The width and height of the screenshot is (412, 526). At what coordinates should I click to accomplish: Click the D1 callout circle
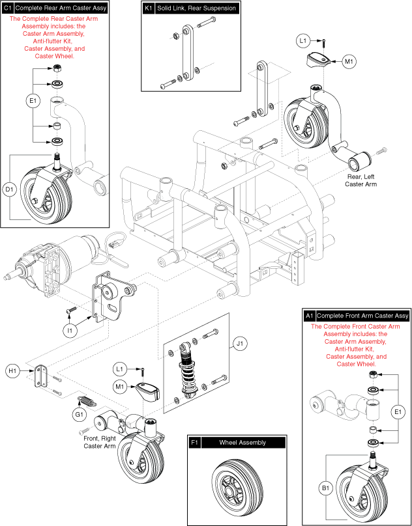pyautogui.click(x=10, y=189)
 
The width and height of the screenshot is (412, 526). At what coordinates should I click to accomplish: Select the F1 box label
pyautogui.click(x=194, y=443)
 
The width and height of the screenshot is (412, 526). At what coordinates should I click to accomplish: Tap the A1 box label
pyautogui.click(x=310, y=316)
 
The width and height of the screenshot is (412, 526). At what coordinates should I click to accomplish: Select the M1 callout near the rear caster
pyautogui.click(x=349, y=62)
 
